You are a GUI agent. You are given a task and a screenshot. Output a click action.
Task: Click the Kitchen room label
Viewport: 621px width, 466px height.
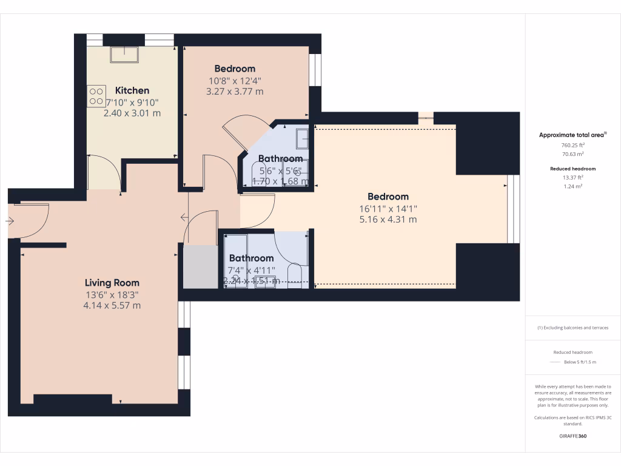pyautogui.click(x=132, y=90)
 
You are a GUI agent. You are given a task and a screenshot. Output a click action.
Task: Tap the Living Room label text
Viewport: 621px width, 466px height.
pyautogui.click(x=112, y=283)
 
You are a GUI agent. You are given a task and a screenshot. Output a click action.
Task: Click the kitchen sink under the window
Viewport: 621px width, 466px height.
pyautogui.click(x=124, y=55)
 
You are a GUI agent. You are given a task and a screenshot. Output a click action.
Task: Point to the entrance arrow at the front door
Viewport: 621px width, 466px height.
pyautogui.click(x=9, y=221)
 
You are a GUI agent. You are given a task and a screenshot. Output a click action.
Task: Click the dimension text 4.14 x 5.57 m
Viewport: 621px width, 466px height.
pyautogui.click(x=112, y=305)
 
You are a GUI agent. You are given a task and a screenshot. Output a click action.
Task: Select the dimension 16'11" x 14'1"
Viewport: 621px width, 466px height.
pyautogui.click(x=388, y=208)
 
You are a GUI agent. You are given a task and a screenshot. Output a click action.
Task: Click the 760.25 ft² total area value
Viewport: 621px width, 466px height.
pyautogui.click(x=572, y=146)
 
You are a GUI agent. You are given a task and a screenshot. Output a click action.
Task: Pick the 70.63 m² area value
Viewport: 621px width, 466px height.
pyautogui.click(x=572, y=154)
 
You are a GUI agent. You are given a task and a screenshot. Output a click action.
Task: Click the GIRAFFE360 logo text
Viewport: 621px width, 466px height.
pyautogui.click(x=572, y=436)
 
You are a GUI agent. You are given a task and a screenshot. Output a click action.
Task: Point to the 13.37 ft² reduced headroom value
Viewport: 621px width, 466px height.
pyautogui.click(x=572, y=177)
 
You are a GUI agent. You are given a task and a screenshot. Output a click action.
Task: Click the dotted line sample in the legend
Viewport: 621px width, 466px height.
pyautogui.click(x=554, y=362)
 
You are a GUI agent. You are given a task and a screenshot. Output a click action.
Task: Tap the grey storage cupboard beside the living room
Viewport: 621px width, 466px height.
pyautogui.click(x=200, y=267)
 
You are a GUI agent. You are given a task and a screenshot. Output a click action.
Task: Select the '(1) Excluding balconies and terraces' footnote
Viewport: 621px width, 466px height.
pyautogui.click(x=572, y=328)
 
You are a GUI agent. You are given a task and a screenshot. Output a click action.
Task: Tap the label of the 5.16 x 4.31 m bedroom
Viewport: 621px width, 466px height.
pyautogui.click(x=388, y=197)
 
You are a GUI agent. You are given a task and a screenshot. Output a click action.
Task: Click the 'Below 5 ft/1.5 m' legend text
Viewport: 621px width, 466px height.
pyautogui.click(x=580, y=362)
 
